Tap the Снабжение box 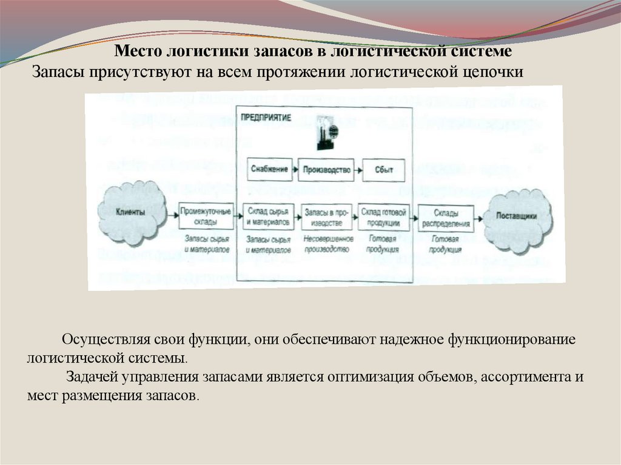click(x=269, y=170)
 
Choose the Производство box click(x=326, y=170)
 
